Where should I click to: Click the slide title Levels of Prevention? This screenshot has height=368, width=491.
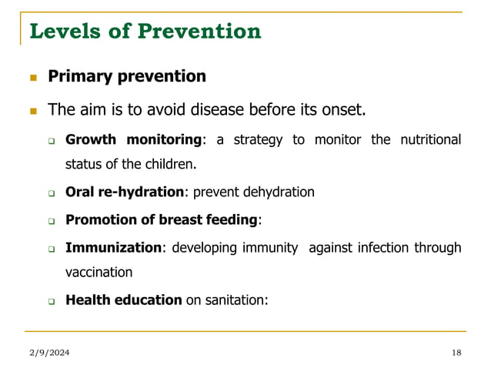point(145,32)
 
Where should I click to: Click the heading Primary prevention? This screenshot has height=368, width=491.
point(127,77)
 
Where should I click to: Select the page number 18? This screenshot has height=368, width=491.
point(456,352)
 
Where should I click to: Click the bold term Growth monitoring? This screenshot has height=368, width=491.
point(133,139)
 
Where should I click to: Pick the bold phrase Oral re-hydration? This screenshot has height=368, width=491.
point(124,192)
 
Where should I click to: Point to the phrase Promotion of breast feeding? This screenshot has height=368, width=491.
point(161,220)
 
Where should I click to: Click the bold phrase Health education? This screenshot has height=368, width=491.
point(124,300)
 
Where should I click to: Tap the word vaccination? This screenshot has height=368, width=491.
point(99,273)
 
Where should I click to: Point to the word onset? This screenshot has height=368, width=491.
point(342,110)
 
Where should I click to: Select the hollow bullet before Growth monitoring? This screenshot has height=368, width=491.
point(52,141)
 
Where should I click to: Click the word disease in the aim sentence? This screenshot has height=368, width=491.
point(202,110)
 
